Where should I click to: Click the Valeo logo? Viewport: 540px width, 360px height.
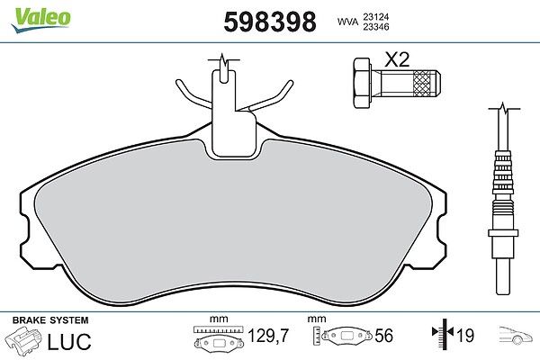(x=41, y=20)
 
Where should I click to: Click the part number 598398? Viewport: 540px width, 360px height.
(x=270, y=22)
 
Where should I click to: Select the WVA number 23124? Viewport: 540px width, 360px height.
(x=376, y=16)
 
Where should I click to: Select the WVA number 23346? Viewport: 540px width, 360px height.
(x=376, y=27)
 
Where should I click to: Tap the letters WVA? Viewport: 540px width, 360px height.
(x=347, y=22)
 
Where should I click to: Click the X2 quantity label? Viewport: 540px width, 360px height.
(x=397, y=59)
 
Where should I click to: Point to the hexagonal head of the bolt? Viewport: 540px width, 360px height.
(x=363, y=84)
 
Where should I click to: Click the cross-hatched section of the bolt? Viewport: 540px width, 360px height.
(x=422, y=84)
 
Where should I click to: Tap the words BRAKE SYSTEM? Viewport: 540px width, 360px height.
(x=50, y=320)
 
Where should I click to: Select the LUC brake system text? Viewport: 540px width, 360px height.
(x=69, y=341)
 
